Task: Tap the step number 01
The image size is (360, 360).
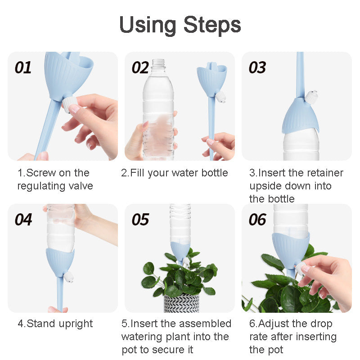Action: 23,68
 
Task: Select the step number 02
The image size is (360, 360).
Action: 140,68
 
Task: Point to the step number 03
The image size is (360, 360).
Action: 257,68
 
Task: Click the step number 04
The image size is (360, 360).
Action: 23,220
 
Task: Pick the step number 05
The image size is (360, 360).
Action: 140,220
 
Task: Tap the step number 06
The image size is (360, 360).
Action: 257,220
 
